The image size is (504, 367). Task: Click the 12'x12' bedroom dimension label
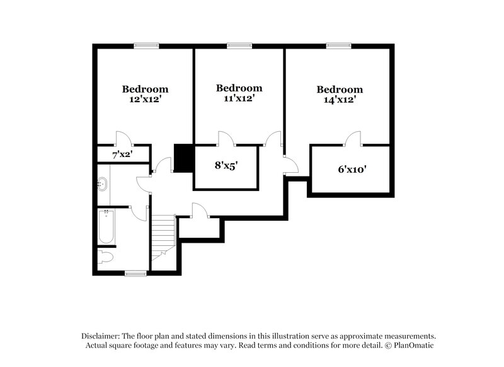click(145, 100)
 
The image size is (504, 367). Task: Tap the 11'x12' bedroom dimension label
click(238, 98)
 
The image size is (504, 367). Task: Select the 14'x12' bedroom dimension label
click(340, 100)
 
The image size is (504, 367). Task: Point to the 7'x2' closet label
click(122, 154)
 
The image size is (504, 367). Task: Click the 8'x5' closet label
click(226, 166)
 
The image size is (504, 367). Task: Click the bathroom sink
click(103, 185)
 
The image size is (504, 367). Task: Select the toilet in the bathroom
click(106, 257)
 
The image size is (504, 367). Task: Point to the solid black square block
click(182, 158)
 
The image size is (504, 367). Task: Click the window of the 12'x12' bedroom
click(146, 45)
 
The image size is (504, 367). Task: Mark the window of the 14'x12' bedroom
click(337, 45)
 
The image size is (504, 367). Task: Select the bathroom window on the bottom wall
click(135, 273)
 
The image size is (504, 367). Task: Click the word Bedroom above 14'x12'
click(340, 90)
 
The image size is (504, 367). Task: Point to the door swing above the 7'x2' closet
click(122, 138)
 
